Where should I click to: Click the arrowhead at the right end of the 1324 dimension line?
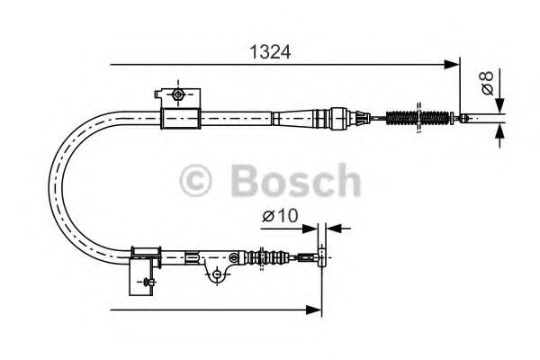pos(453,64)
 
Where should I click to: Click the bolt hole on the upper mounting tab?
pos(178,94)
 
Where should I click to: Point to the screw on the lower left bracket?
pos(143,283)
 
